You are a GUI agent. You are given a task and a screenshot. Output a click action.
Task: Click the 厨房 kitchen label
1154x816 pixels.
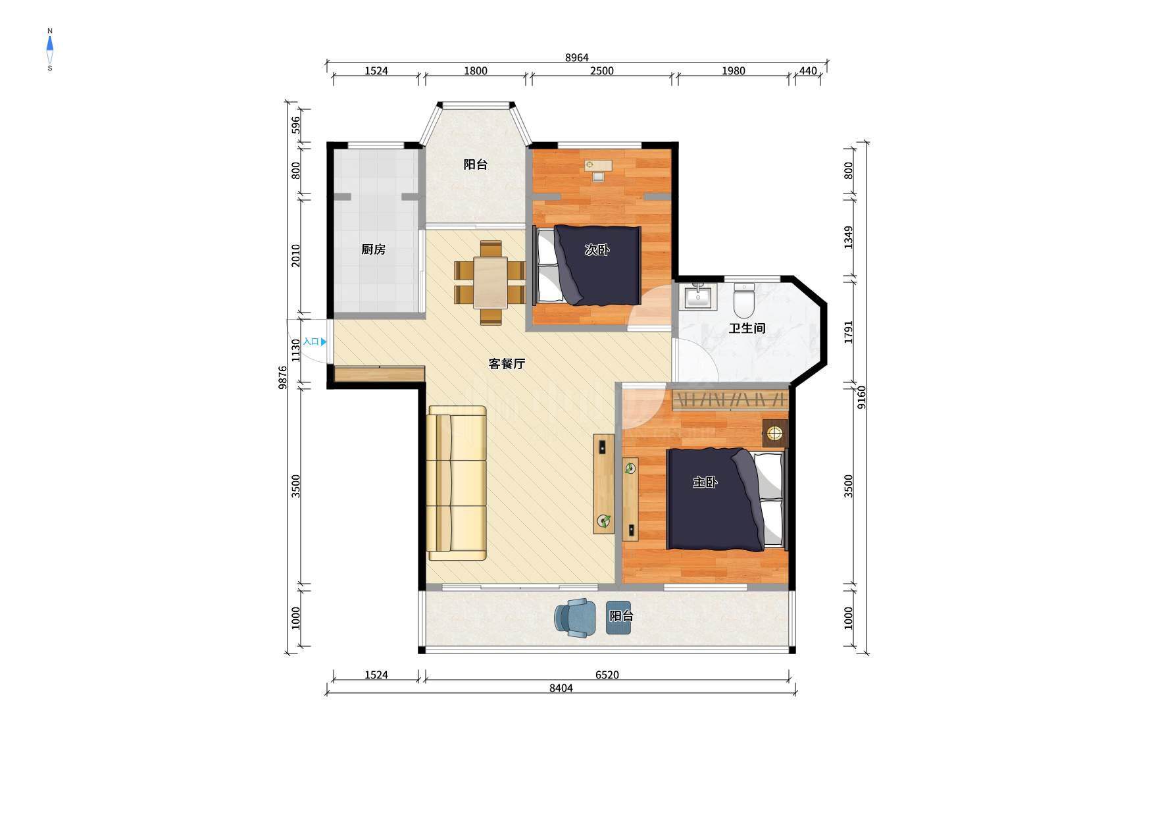click(373, 249)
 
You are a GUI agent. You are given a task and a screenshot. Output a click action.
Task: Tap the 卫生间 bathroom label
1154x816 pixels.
click(747, 328)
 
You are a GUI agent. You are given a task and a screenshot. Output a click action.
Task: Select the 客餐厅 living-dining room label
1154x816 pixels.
click(507, 363)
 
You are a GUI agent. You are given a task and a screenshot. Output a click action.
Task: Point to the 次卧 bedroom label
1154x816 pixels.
click(597, 250)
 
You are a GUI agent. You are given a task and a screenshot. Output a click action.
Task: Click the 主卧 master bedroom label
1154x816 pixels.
click(705, 482)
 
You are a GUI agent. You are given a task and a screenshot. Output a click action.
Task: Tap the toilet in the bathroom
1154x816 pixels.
click(744, 300)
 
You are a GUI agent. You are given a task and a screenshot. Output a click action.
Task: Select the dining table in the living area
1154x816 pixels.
click(490, 283)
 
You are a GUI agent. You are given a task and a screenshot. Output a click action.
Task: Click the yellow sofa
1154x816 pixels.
click(457, 483)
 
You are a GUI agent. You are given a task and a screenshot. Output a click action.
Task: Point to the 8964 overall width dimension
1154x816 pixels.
click(577, 58)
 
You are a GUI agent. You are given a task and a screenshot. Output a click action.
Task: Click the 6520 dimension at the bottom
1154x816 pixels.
click(607, 675)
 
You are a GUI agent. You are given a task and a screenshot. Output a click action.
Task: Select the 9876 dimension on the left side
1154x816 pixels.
click(283, 378)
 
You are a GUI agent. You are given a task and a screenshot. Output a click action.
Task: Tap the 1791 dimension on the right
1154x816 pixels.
click(849, 332)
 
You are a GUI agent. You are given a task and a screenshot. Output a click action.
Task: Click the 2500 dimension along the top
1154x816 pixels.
click(601, 71)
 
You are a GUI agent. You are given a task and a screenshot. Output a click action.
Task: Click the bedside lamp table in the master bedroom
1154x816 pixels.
click(775, 433)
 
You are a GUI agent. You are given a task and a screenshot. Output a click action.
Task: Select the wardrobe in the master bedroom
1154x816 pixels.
click(730, 399)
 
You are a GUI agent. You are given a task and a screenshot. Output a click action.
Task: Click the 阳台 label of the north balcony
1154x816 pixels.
click(475, 165)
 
